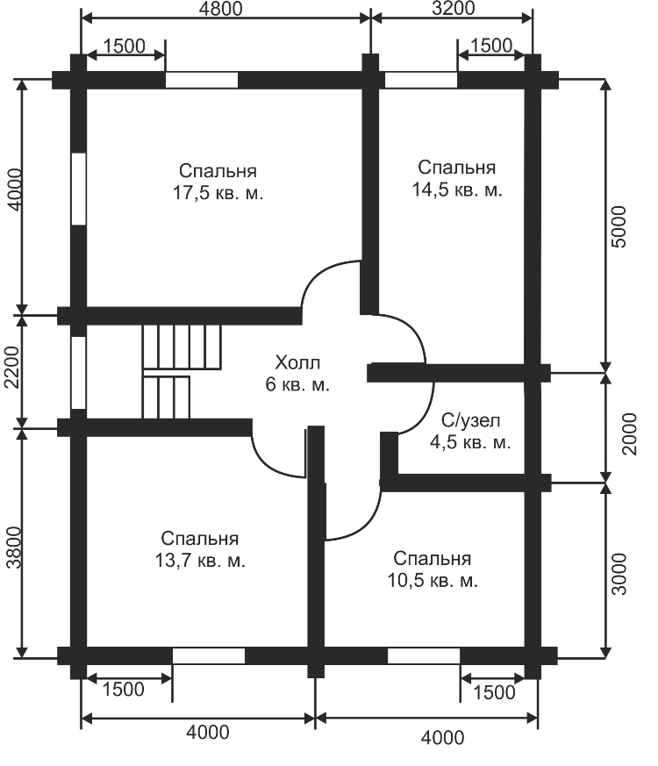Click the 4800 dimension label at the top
click(220, 9)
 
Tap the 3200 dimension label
click(453, 8)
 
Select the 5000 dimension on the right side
click(619, 226)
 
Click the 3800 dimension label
click(14, 548)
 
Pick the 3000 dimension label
click(619, 574)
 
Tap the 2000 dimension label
click(630, 434)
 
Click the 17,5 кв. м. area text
click(218, 193)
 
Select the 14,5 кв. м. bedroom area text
click(457, 190)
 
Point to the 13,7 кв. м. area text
click(200, 561)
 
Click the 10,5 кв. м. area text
click(433, 580)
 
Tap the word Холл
click(297, 363)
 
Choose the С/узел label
click(471, 420)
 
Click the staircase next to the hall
click(182, 371)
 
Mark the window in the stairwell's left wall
click(78, 373)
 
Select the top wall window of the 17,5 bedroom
click(202, 80)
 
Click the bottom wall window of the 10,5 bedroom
click(424, 656)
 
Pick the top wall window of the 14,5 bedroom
click(421, 80)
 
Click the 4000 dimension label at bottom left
click(208, 733)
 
